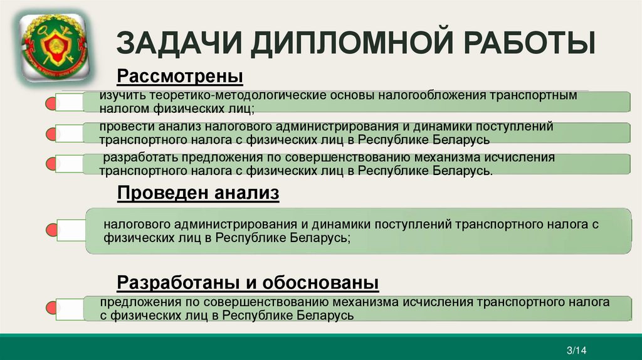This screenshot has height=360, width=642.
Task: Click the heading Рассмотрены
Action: pyautogui.click(x=180, y=77)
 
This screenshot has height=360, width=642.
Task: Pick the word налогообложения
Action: pyautogui.click(x=419, y=97)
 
